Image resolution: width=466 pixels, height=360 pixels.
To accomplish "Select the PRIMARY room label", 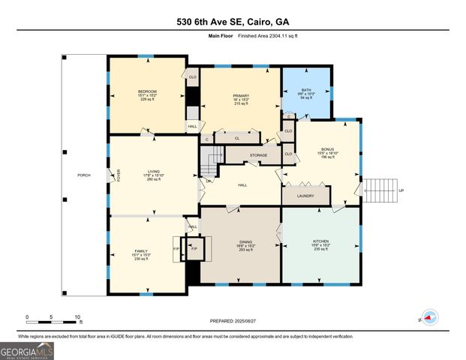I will tap(240, 97).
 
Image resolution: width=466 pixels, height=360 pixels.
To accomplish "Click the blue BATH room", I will tap(306, 91).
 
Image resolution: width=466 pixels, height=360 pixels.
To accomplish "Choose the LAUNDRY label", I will tap(305, 196).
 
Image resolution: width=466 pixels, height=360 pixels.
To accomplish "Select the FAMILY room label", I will tap(142, 251).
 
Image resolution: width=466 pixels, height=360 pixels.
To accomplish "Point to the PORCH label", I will tap(84, 175).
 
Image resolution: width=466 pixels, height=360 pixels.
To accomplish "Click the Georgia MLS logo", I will tap(27, 349).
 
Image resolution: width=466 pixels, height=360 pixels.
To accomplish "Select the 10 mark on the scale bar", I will tap(77, 316).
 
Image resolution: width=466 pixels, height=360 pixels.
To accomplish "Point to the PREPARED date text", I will tap(233, 321).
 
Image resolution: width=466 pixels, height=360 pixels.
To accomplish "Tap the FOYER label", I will tap(119, 175).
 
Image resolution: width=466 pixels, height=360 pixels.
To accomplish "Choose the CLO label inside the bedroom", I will tap(192, 77).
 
